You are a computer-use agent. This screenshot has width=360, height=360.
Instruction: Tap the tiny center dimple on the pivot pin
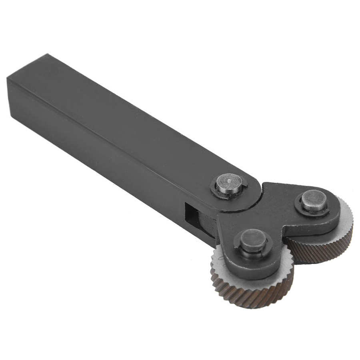coord(228,181)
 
